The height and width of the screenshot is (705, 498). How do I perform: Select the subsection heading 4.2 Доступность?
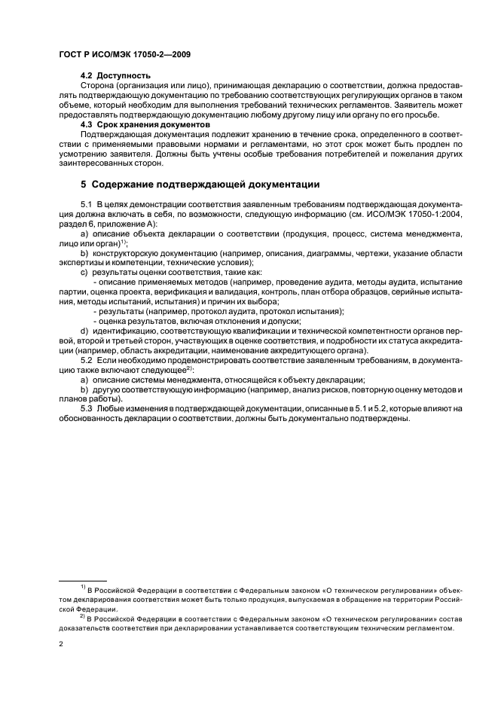(x=115, y=75)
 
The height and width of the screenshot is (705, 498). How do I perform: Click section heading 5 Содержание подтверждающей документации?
(x=200, y=184)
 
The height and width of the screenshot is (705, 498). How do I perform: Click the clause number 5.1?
(x=87, y=205)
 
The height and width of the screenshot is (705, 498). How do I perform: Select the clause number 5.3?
(x=87, y=407)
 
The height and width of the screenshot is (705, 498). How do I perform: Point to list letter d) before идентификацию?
(x=84, y=330)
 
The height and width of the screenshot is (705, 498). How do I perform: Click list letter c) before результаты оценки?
(x=84, y=271)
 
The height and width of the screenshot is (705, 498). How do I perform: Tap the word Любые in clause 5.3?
(x=111, y=407)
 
